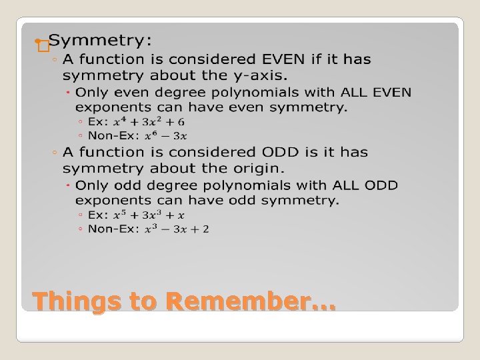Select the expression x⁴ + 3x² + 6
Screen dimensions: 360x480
tap(148, 121)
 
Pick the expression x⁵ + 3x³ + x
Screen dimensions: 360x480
tap(148, 215)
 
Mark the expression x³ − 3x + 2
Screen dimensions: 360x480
tap(175, 229)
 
